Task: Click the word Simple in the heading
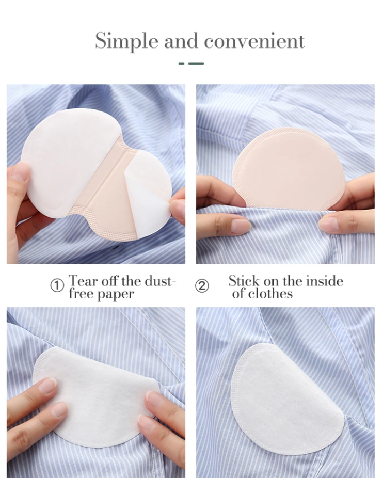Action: point(126,41)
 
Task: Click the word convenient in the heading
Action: point(254,41)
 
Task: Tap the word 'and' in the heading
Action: point(181,41)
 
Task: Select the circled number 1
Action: point(57,286)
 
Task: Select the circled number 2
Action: point(202,286)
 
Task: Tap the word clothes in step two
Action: point(270,294)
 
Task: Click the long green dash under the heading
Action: point(196,63)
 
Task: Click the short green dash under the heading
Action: point(182,63)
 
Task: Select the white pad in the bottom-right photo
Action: point(286,400)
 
